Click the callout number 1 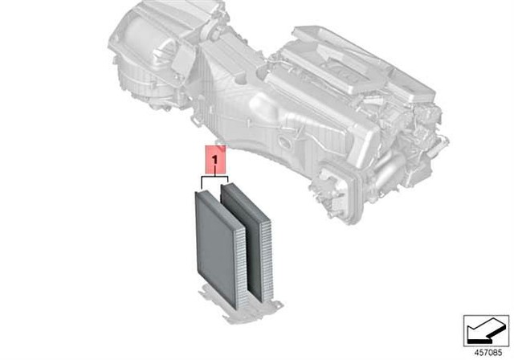[x=214, y=161]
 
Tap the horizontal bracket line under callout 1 [x=214, y=178]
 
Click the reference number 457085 [x=488, y=353]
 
